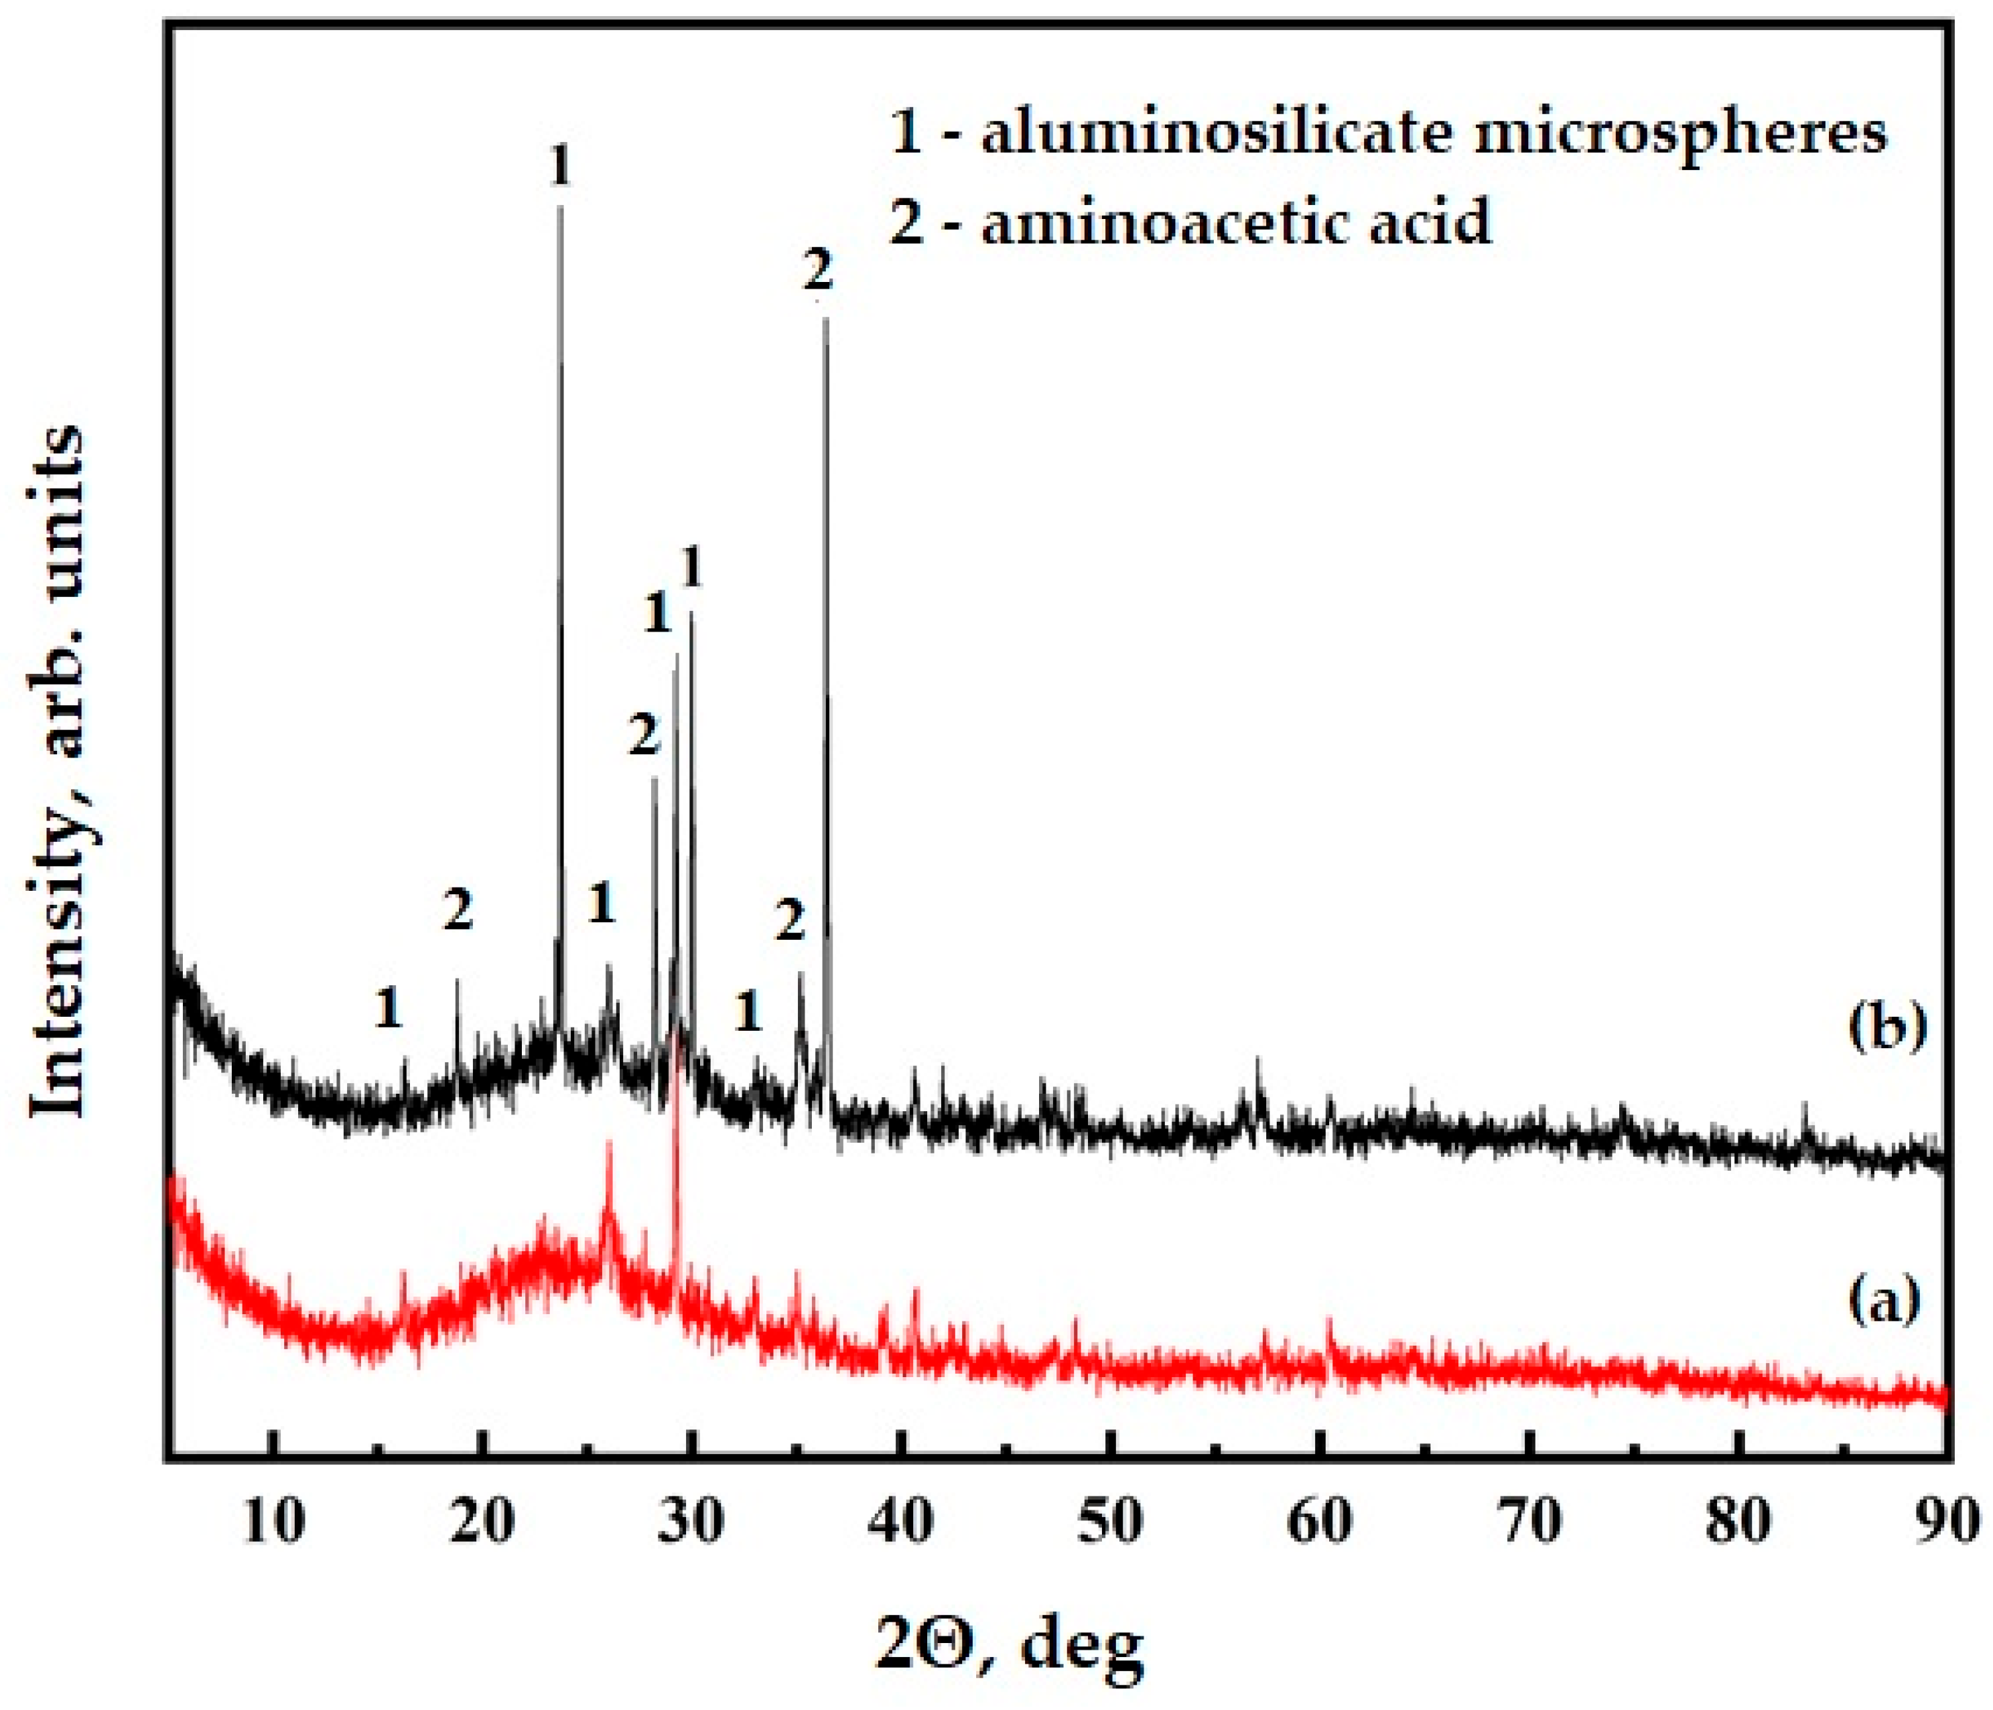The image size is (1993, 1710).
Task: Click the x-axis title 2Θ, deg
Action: pos(1010,1642)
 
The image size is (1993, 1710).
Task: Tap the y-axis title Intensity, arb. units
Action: pos(60,770)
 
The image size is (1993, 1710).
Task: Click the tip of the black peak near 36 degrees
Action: pos(824,318)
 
